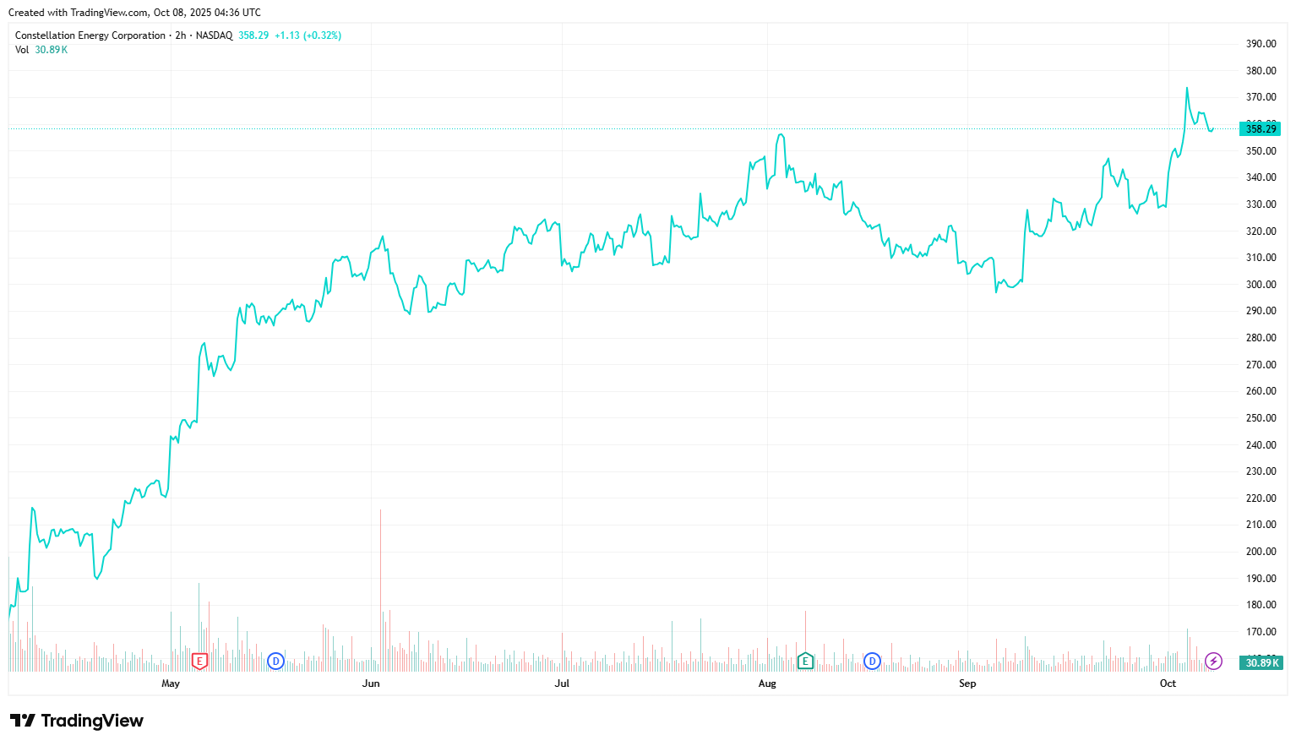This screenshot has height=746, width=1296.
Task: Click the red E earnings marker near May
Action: click(199, 662)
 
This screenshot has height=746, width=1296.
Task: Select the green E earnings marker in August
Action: click(805, 661)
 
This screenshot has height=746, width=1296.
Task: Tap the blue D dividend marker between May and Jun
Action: click(275, 661)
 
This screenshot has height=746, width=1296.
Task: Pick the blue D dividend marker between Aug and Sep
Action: click(872, 661)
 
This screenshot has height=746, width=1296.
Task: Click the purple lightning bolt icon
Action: click(1213, 661)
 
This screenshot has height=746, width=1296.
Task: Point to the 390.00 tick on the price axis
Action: click(1261, 44)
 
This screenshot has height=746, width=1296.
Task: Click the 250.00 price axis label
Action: click(1261, 418)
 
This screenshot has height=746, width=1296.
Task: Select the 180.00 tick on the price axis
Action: click(1261, 605)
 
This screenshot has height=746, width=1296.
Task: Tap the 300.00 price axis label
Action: click(1261, 285)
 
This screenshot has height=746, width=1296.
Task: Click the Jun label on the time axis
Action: click(371, 683)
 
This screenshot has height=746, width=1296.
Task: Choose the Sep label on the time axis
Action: click(967, 683)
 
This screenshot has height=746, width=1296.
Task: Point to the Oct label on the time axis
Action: click(1168, 683)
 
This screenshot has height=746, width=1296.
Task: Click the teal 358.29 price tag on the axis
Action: click(1260, 129)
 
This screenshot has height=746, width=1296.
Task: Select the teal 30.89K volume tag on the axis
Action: click(1261, 662)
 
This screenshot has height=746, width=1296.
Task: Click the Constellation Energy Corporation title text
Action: click(90, 35)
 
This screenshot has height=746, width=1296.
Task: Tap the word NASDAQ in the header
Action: click(214, 35)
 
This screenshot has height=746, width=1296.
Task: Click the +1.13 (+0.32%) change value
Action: click(308, 35)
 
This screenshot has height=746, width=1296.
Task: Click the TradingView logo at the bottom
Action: click(77, 721)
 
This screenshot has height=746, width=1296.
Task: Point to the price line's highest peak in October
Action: click(1186, 88)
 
